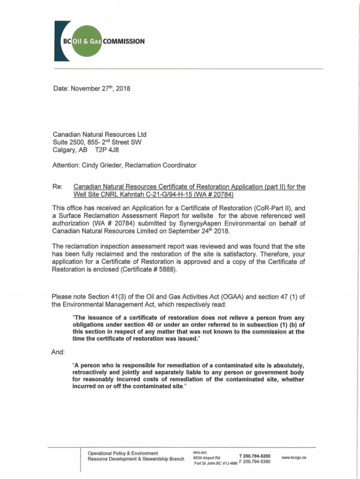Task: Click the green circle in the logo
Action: pos(86,41)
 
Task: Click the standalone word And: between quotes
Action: pos(58,351)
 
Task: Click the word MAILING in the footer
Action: pos(200,452)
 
